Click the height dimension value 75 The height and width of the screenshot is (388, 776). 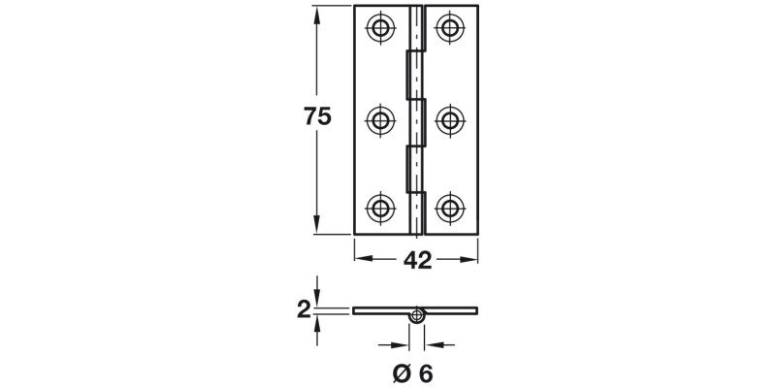tap(317, 116)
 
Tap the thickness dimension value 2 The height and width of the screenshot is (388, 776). tap(304, 310)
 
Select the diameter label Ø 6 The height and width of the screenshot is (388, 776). tap(412, 372)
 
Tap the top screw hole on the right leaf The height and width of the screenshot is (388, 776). tap(448, 27)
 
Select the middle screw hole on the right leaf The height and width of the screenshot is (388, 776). tap(448, 119)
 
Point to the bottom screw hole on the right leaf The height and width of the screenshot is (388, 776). tap(448, 207)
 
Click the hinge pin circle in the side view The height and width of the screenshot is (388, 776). tap(417, 315)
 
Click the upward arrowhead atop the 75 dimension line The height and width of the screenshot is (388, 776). tap(317, 14)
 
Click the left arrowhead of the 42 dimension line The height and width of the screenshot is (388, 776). tap(362, 259)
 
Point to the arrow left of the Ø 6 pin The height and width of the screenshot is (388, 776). tap(402, 343)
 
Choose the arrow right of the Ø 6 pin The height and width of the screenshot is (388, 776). tap(433, 343)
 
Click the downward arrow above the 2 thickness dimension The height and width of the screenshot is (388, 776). tap(317, 300)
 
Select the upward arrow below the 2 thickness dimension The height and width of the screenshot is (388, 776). tap(317, 322)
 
